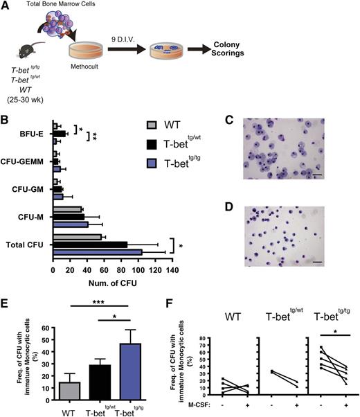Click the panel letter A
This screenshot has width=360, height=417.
(x=6, y=6)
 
